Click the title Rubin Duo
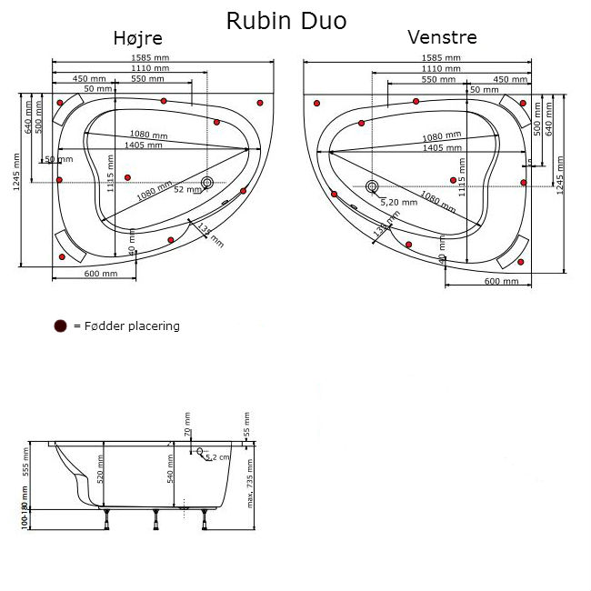tap(285, 20)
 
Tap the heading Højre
tap(138, 38)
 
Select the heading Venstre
tap(442, 38)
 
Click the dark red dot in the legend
tap(61, 326)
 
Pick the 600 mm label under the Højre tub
tap(100, 274)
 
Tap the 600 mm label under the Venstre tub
tap(502, 282)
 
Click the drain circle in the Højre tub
tap(208, 184)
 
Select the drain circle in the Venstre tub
tap(371, 187)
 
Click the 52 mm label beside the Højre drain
tap(185, 190)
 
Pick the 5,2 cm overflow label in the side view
tap(218, 457)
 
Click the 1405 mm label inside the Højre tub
tap(144, 145)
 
